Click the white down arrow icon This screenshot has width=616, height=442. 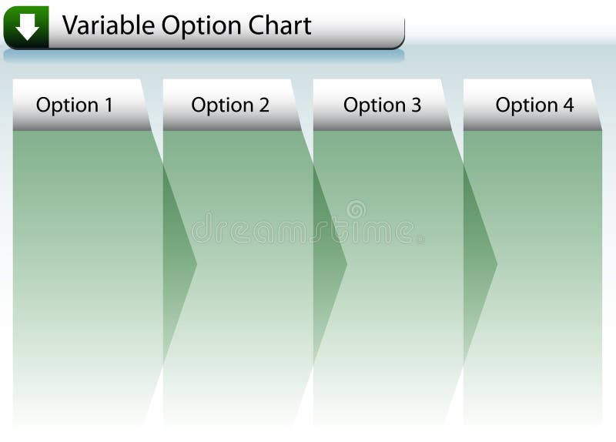27,28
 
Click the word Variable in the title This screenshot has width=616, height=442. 109,25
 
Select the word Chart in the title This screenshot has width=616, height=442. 281,25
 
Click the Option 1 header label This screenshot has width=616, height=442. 75,105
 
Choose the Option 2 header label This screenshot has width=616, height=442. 230,105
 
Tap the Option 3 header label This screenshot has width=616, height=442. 382,105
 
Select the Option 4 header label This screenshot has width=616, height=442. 534,105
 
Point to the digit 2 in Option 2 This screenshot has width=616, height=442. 263,105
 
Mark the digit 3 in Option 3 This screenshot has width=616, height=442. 416,105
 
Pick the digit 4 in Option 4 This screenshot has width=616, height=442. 567,105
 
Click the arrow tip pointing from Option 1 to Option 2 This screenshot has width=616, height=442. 194,265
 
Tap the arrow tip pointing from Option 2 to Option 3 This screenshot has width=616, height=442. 344,265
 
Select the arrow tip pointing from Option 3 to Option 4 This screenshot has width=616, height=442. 494,265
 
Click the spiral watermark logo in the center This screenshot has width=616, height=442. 356,209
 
